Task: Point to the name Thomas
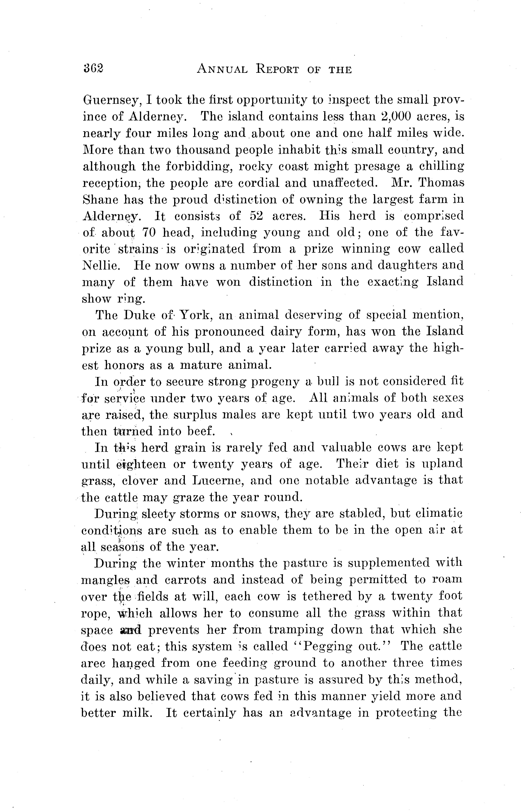[441, 183]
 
